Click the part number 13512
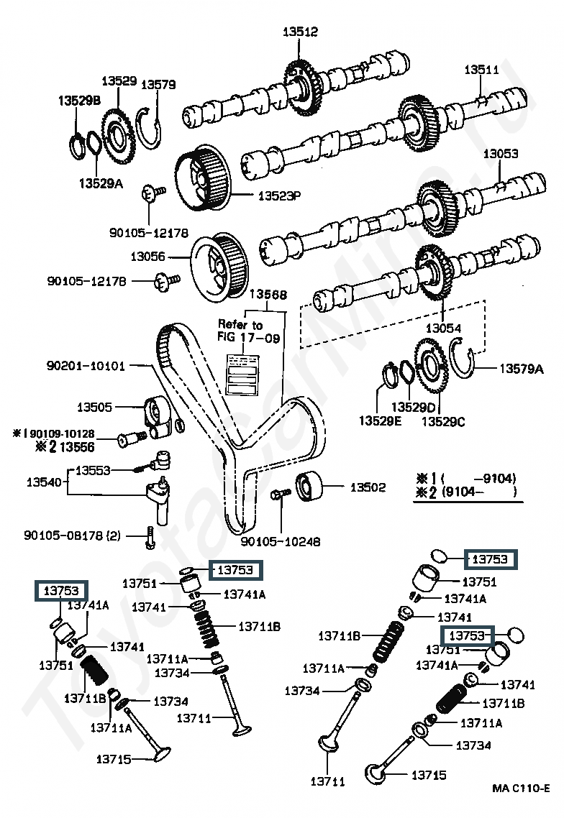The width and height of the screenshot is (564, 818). [300, 32]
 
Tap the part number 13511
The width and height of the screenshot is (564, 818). [481, 70]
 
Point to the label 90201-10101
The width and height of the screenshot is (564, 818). [83, 366]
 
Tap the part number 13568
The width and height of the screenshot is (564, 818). [268, 294]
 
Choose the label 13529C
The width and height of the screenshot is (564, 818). [443, 421]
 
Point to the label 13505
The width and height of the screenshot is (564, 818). [95, 408]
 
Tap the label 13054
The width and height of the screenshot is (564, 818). [443, 328]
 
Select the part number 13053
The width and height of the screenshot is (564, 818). [500, 154]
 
